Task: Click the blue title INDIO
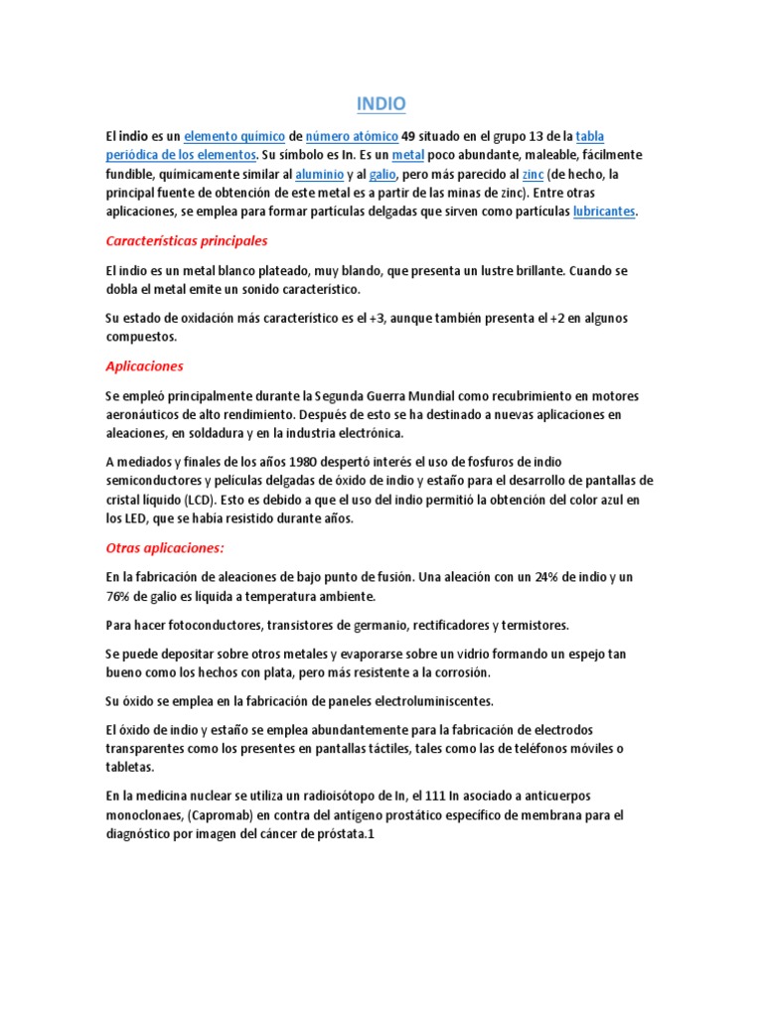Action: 381,104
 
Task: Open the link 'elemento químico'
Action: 234,136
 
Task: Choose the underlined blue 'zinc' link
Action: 533,174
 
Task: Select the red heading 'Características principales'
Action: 186,241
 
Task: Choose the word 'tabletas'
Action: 130,768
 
